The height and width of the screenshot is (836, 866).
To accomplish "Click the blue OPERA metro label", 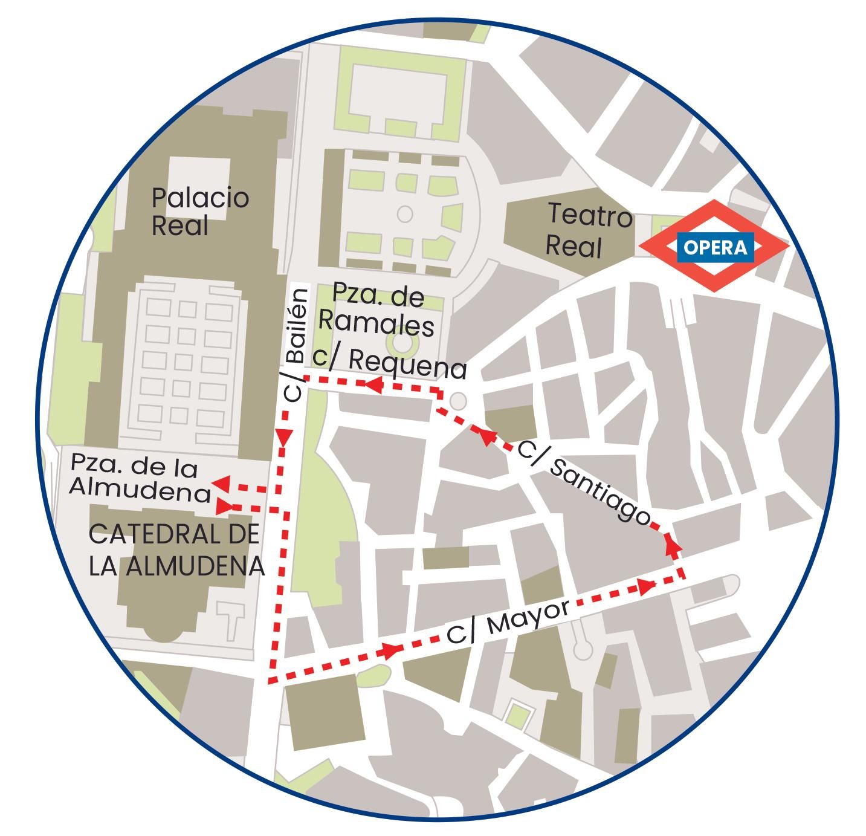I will [715, 247].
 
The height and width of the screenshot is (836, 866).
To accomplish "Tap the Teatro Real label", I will [589, 230].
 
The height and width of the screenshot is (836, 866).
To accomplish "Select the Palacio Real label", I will [199, 211].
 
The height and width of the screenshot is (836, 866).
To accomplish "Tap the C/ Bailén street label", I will [296, 345].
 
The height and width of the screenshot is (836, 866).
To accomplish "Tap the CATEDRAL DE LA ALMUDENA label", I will [176, 550].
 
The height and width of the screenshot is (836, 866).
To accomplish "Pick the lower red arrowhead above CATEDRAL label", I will [224, 506].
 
